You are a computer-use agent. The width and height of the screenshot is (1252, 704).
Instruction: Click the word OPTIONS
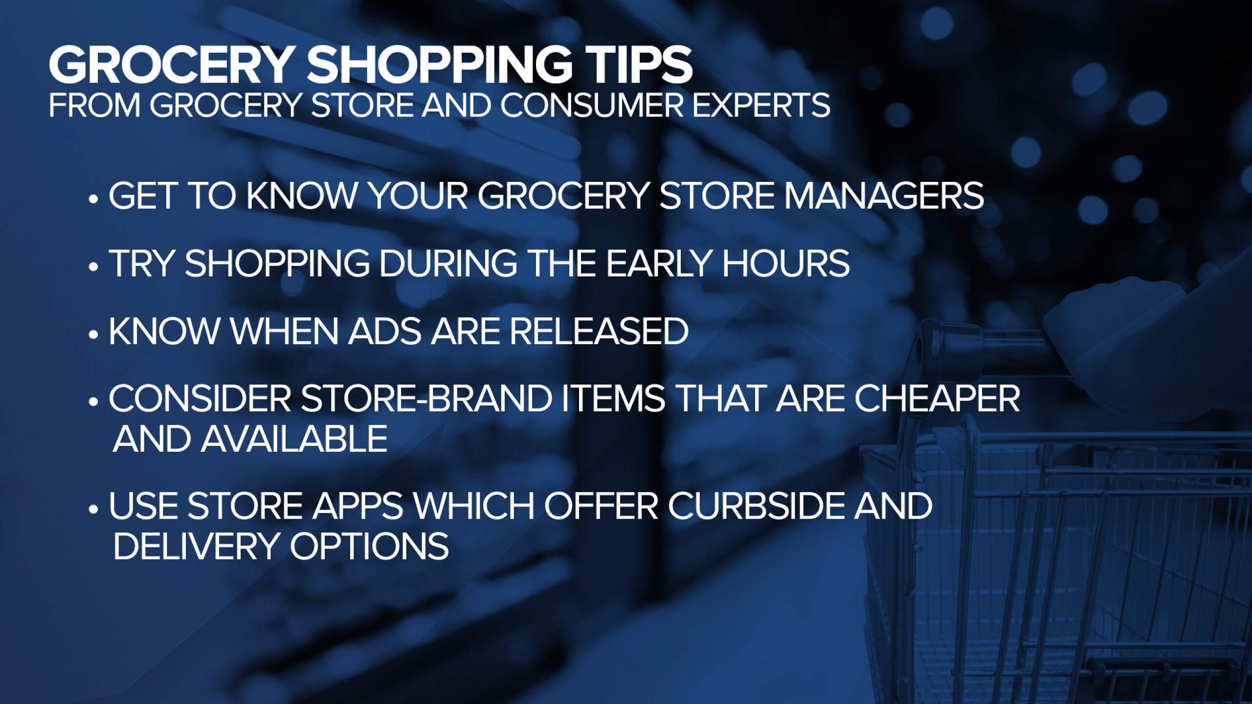370,546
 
